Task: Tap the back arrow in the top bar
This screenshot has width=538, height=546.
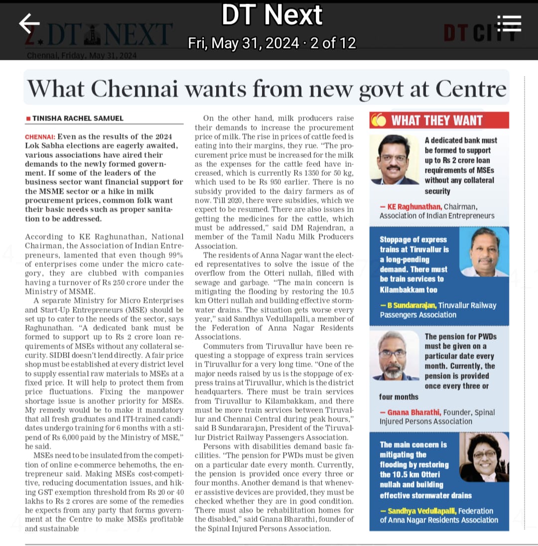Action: (29, 23)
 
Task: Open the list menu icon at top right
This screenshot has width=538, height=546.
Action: (509, 23)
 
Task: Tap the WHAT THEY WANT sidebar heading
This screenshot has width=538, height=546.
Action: (436, 120)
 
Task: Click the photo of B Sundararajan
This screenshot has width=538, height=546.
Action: (484, 252)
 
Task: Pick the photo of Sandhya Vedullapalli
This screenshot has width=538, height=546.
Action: (483, 457)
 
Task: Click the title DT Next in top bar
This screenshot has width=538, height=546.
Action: (271, 15)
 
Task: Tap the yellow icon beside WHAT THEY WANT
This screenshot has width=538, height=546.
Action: (379, 120)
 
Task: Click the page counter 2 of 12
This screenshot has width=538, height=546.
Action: (332, 43)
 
